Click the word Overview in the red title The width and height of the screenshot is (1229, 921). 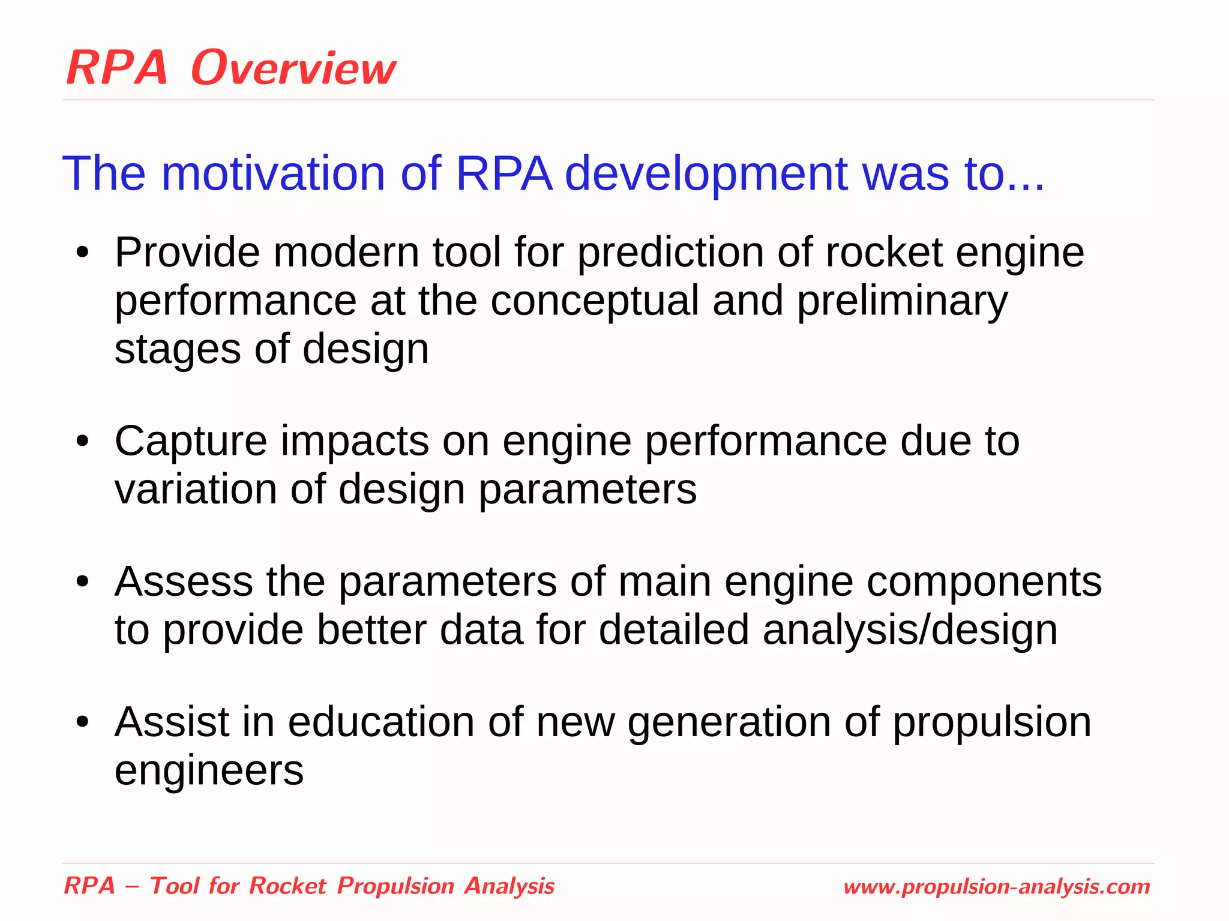[293, 68]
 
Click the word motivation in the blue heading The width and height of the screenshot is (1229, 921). [273, 174]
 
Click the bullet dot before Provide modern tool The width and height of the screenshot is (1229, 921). [83, 253]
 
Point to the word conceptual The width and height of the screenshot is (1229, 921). [595, 301]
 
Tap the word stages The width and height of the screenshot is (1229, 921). [178, 349]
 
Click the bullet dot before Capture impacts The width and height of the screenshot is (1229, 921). [83, 442]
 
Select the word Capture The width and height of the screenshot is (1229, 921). [190, 442]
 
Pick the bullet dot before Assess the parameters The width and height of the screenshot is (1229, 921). [83, 582]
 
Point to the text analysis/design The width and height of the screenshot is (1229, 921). [910, 630]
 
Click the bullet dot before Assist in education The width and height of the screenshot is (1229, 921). [83, 722]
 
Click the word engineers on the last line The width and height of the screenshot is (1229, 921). [209, 771]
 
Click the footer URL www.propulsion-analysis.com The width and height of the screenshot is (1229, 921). [996, 887]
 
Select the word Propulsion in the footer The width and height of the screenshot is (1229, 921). [395, 886]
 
